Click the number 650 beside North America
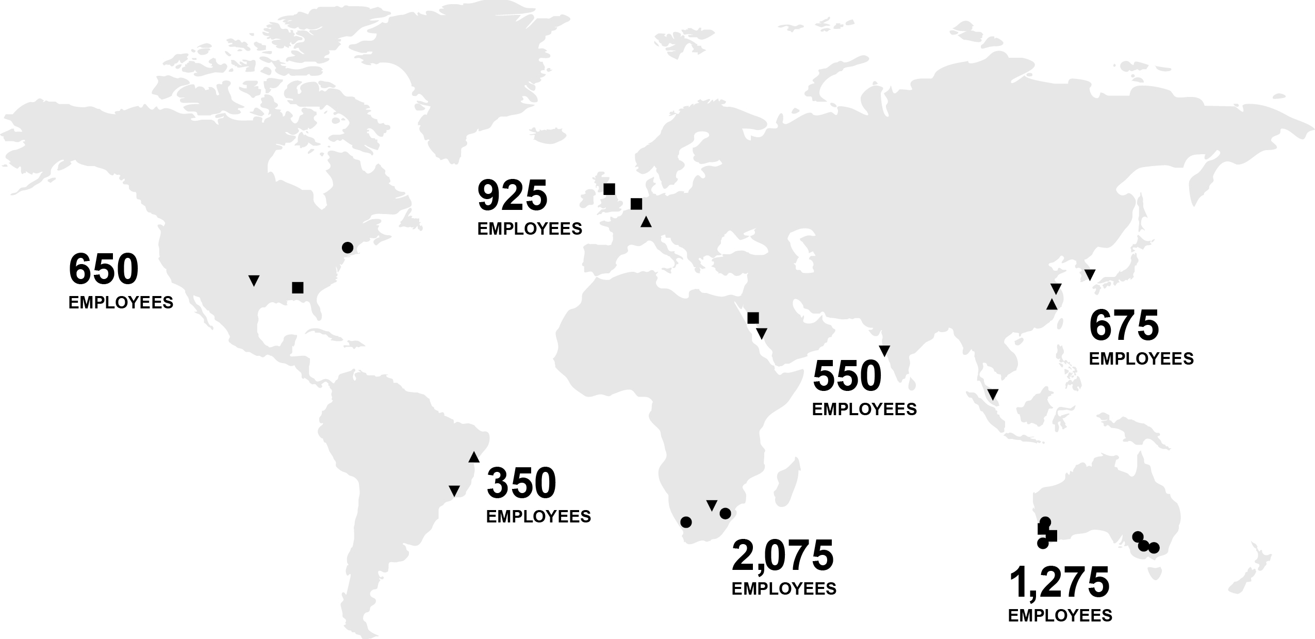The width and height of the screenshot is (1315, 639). point(104,269)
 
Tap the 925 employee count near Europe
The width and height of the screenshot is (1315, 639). point(512,195)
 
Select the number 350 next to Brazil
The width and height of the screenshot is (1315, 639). point(521,483)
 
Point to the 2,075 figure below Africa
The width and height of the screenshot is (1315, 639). point(782,555)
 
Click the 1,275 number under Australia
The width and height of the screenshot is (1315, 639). point(1059,582)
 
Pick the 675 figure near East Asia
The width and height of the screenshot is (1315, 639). point(1124,325)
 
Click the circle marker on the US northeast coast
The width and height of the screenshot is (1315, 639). point(348,248)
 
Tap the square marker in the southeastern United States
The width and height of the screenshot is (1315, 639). point(298,287)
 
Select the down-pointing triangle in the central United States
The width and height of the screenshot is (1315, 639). point(253,281)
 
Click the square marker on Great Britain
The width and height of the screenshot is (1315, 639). point(609,189)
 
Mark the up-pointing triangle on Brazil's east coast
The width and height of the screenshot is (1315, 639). point(474,457)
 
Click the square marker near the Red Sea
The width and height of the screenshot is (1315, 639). point(753,318)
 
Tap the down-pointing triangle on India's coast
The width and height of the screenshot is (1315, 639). point(884,351)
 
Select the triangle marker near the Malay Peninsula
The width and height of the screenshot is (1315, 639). point(993,395)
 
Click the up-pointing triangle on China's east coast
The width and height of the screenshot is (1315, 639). point(1052,304)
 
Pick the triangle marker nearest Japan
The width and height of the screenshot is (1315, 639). point(1090,275)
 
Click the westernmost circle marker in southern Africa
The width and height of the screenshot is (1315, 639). point(686,522)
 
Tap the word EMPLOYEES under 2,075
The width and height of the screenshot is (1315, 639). point(784,588)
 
